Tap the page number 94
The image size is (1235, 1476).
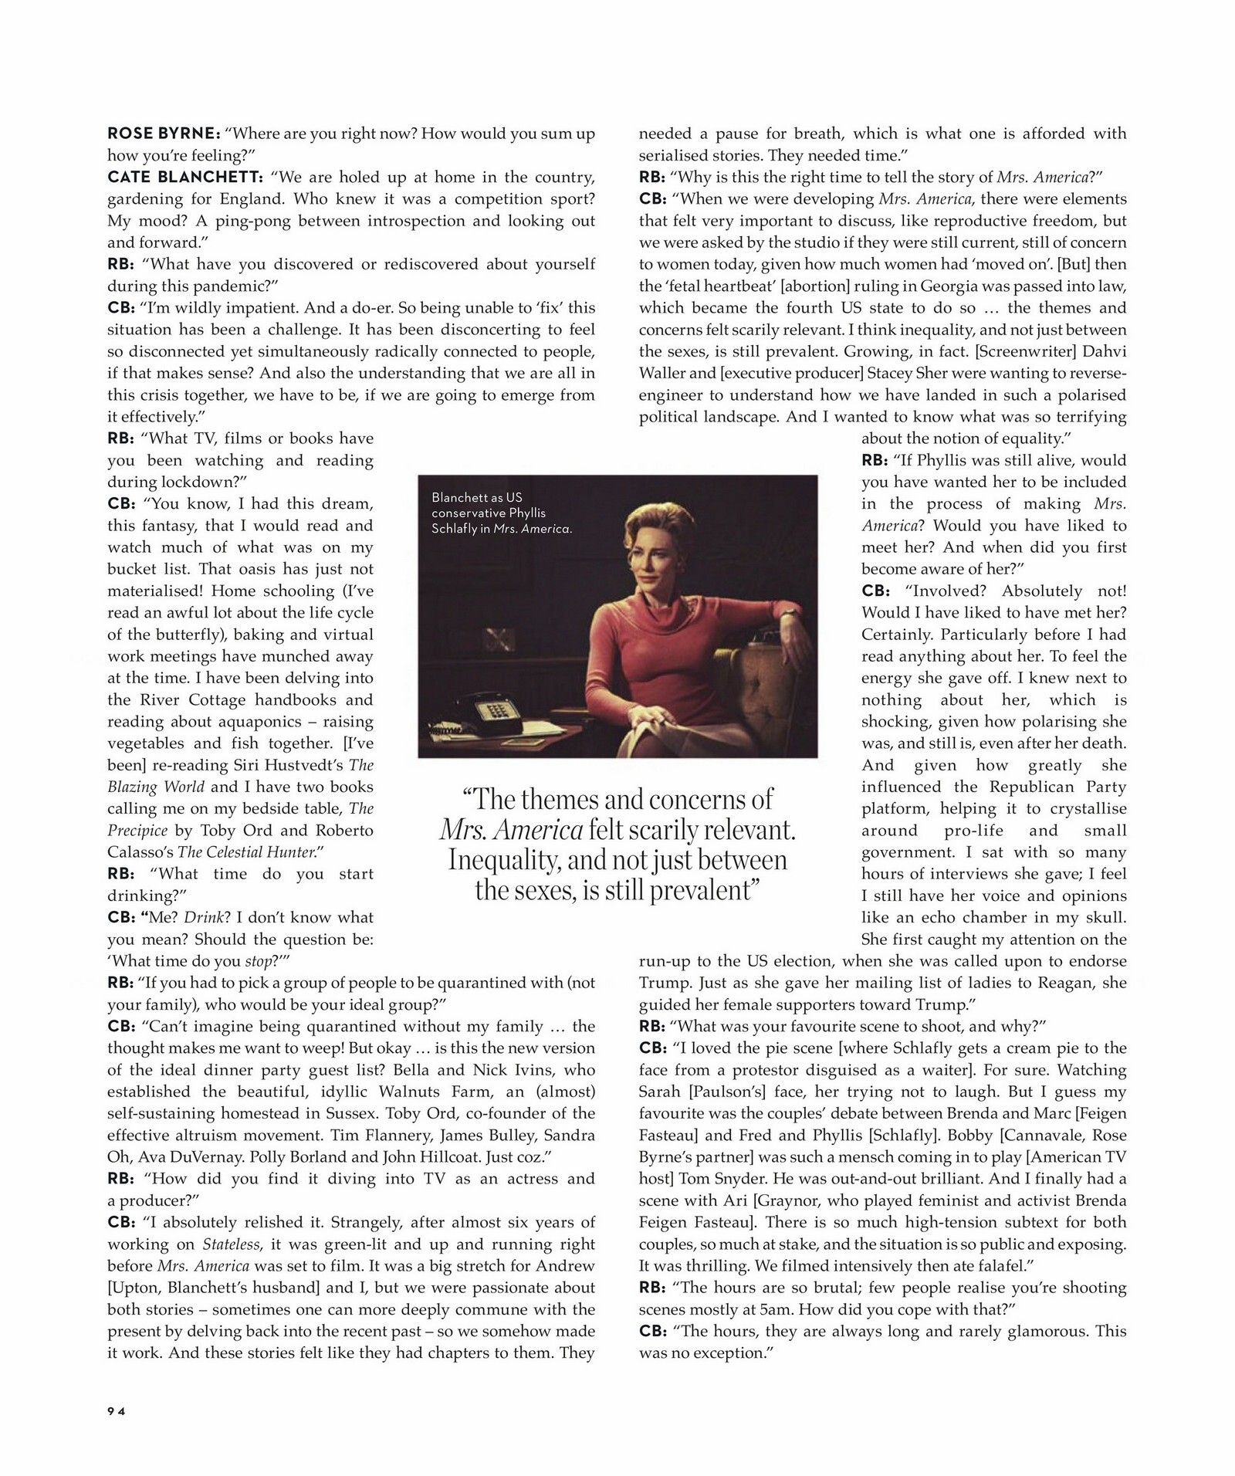(117, 1410)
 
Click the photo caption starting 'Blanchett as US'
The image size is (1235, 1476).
(501, 513)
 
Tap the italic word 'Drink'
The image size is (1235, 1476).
(203, 918)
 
